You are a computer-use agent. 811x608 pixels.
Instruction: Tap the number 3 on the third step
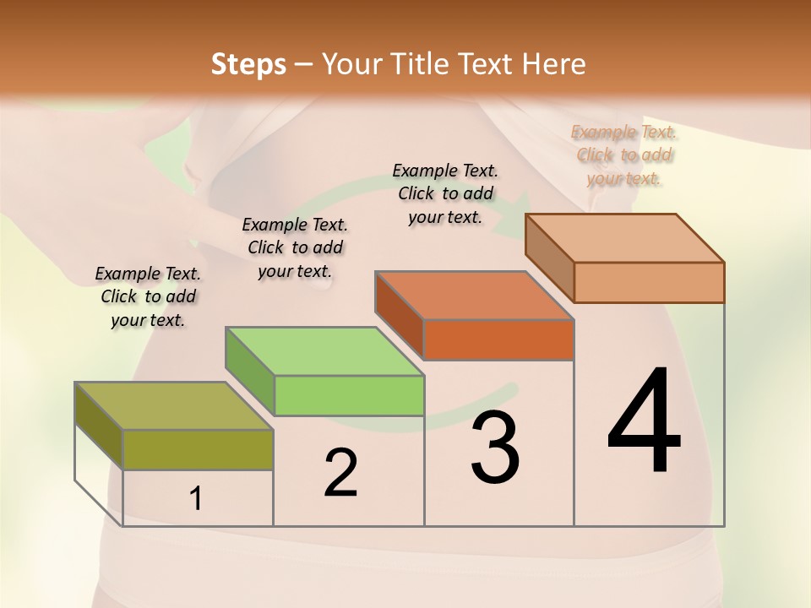(x=494, y=447)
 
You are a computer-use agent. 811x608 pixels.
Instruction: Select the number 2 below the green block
(x=340, y=473)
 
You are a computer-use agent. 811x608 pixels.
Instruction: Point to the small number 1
(x=196, y=499)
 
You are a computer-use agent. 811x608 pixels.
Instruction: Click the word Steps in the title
(x=248, y=64)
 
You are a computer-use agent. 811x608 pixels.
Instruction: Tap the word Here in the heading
(x=555, y=64)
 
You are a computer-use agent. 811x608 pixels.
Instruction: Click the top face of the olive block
(x=173, y=406)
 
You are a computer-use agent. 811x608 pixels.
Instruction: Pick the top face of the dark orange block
(x=474, y=296)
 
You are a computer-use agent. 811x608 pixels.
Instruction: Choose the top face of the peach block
(x=625, y=238)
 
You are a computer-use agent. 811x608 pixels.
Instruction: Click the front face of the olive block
(x=198, y=449)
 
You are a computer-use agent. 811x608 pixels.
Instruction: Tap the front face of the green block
(x=349, y=395)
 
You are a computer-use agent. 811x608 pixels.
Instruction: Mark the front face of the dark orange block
(x=498, y=339)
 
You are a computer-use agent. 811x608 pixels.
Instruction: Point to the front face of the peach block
(x=649, y=282)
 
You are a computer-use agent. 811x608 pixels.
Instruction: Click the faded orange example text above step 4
(x=624, y=155)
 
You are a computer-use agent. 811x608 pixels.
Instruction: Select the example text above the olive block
(x=148, y=296)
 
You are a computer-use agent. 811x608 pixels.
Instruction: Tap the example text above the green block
(x=295, y=247)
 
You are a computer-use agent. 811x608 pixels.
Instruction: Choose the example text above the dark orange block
(x=445, y=193)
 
